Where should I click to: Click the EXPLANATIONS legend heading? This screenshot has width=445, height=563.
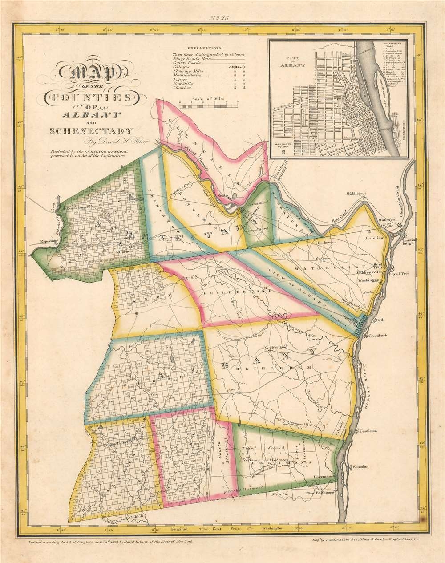[x=204, y=46]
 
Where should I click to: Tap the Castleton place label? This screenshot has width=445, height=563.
[x=369, y=430]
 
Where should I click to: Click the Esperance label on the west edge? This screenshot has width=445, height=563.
[x=45, y=241]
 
